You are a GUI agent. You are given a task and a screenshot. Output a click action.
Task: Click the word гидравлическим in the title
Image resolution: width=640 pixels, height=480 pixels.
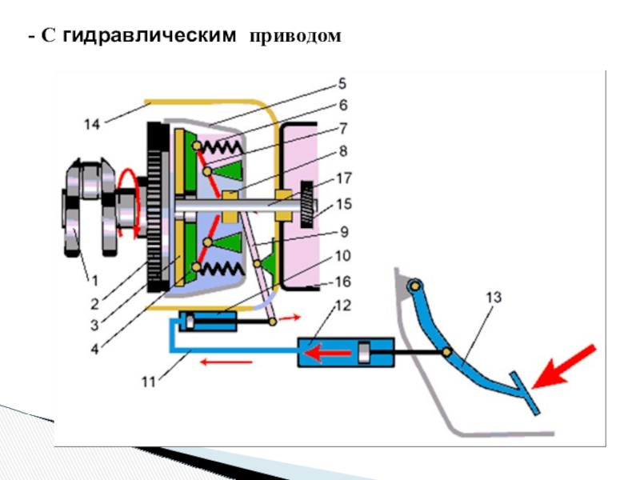point(150,36)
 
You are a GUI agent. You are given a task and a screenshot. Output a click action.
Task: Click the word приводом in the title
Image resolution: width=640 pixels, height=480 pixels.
point(295,37)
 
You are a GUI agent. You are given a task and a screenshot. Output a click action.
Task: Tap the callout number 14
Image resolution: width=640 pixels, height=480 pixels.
point(92,124)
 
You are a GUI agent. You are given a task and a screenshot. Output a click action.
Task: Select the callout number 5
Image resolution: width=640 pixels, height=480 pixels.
point(342,84)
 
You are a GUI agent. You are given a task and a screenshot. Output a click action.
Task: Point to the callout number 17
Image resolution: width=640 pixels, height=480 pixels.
point(344,178)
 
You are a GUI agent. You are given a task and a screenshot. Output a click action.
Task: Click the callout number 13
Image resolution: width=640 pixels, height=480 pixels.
point(494,297)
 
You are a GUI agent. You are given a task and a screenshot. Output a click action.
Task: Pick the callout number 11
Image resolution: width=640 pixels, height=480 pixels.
point(149,382)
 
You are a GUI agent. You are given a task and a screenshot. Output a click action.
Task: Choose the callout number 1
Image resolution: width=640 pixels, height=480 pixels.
point(94,281)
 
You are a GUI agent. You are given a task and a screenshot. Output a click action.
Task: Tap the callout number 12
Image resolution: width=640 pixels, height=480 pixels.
point(343,306)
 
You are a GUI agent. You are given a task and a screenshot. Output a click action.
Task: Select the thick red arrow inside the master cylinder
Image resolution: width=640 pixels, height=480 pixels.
point(328,353)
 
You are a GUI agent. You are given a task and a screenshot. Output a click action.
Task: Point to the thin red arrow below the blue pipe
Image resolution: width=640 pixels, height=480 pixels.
point(226,362)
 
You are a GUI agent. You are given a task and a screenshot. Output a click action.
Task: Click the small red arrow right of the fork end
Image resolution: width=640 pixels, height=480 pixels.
point(290,318)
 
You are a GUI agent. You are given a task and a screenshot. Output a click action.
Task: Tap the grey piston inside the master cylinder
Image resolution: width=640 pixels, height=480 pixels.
point(364,353)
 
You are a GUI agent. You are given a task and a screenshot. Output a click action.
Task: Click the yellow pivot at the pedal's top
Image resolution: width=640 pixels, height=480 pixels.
point(414,286)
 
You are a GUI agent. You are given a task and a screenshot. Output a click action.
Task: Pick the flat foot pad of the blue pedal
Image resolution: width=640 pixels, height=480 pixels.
point(525,393)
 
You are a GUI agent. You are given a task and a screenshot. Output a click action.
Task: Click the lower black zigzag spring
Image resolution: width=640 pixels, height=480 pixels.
point(222,269)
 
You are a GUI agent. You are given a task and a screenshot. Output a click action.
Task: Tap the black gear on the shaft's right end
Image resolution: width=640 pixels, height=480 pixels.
point(308,205)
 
